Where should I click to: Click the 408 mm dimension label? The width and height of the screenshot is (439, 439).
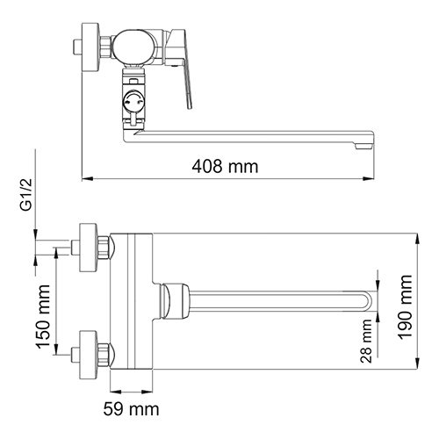(225, 167)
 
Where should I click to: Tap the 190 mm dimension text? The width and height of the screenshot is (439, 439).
(406, 307)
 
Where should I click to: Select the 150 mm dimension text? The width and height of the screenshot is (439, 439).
(43, 317)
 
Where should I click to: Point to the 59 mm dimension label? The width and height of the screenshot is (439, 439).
(131, 409)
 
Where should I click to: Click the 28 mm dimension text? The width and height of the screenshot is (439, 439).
(366, 341)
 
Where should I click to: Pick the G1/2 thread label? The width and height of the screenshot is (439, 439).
(26, 195)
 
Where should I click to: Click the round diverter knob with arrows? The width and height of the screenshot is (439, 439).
(133, 100)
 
